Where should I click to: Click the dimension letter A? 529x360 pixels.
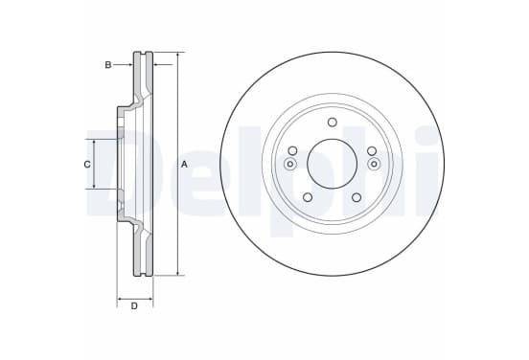point(184,165)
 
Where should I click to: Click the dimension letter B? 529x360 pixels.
point(108,65)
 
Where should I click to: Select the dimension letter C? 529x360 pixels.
point(87,165)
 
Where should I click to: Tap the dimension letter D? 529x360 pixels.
point(134,306)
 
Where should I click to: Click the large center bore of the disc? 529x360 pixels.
point(332,164)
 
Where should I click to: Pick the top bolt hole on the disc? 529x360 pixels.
point(333,122)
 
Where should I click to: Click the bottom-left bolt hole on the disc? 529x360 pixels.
point(308,197)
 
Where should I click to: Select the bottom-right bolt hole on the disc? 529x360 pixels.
point(356,197)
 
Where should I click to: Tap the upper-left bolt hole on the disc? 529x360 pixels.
point(293,150)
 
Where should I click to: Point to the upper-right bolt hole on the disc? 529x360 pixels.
point(372,150)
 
